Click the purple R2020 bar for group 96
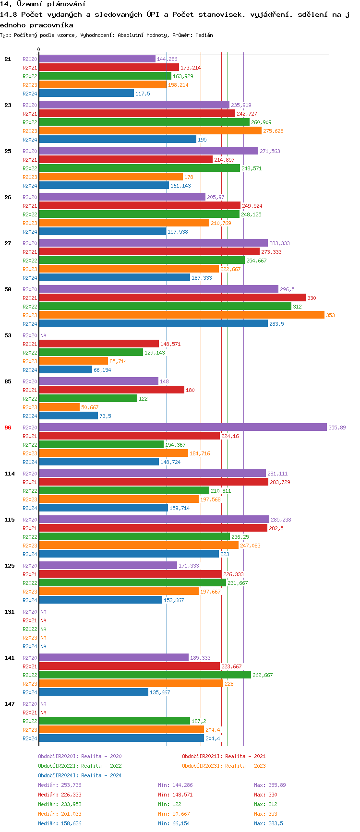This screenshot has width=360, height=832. click(x=182, y=427)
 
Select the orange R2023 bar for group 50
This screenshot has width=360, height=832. click(x=181, y=315)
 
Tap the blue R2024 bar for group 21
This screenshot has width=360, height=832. click(x=86, y=93)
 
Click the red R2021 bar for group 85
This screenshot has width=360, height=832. click(x=111, y=390)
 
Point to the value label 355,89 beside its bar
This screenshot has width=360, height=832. click(x=337, y=428)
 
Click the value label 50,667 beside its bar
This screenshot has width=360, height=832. click(x=90, y=407)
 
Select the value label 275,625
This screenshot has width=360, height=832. click(x=273, y=131)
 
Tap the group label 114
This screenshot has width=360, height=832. click(x=10, y=474)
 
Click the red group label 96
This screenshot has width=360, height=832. click(x=8, y=428)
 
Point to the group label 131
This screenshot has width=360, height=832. click(x=10, y=612)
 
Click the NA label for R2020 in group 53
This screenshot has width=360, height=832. click(x=43, y=335)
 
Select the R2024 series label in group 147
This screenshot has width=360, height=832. click(x=30, y=738)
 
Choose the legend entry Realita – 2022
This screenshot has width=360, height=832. click(x=80, y=766)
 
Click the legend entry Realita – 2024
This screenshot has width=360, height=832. click(x=80, y=775)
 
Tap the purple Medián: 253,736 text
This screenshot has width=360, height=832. click(x=60, y=785)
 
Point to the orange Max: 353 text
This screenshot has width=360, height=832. click(x=265, y=814)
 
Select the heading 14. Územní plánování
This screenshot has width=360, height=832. click(x=43, y=4)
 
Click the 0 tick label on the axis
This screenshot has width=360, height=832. click(x=39, y=49)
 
